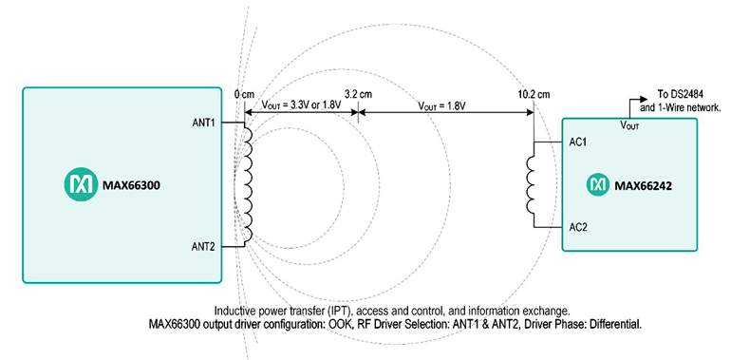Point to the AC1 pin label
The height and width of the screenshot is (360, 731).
[x=578, y=142]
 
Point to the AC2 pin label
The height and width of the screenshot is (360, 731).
[x=578, y=228]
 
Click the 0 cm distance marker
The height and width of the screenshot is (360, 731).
[x=245, y=95]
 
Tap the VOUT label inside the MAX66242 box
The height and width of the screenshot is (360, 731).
[x=629, y=124]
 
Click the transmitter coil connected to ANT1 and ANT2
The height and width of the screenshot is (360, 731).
[x=248, y=184]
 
